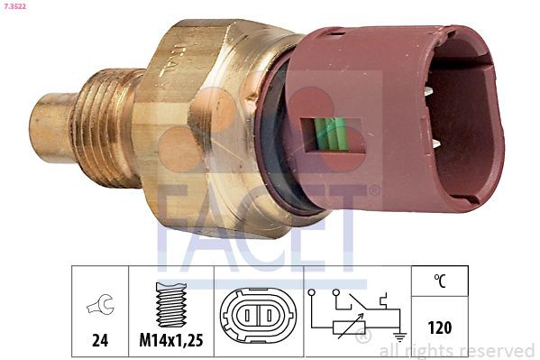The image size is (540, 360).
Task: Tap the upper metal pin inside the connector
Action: click(435, 88)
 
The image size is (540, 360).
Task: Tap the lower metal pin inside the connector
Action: click(435, 143)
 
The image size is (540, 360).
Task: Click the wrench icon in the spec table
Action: click(100, 306)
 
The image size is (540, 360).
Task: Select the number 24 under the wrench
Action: click(100, 341)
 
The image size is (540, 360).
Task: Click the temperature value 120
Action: click(440, 328)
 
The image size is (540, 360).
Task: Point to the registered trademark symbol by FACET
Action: click(374, 190)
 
